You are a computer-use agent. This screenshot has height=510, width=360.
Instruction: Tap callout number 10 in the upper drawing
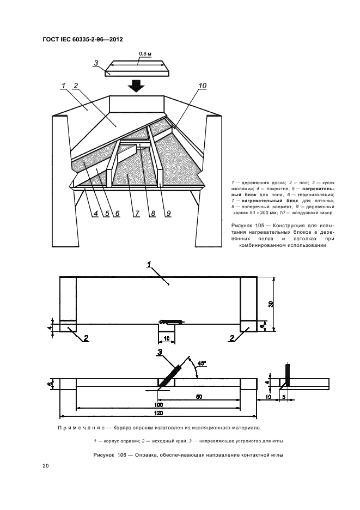pos(203,86)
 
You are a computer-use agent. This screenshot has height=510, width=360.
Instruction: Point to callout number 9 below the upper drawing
pos(169,213)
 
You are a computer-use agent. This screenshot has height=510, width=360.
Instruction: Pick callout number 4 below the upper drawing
pos(94,213)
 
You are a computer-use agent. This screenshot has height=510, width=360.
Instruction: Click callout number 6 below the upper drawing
pos(116,213)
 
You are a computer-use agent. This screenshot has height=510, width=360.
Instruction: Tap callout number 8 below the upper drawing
pos(153,213)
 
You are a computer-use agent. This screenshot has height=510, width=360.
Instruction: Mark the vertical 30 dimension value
pos(271,304)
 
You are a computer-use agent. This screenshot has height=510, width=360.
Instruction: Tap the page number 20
pos(46,466)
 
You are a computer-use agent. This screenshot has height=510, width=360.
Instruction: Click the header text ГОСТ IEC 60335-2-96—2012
pos(82,40)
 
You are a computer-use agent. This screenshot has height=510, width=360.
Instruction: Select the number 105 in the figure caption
pos(259,225)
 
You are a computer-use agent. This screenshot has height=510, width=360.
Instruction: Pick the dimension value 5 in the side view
pos(285,397)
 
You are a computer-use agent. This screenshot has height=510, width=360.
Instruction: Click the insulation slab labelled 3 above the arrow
pos(138,68)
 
